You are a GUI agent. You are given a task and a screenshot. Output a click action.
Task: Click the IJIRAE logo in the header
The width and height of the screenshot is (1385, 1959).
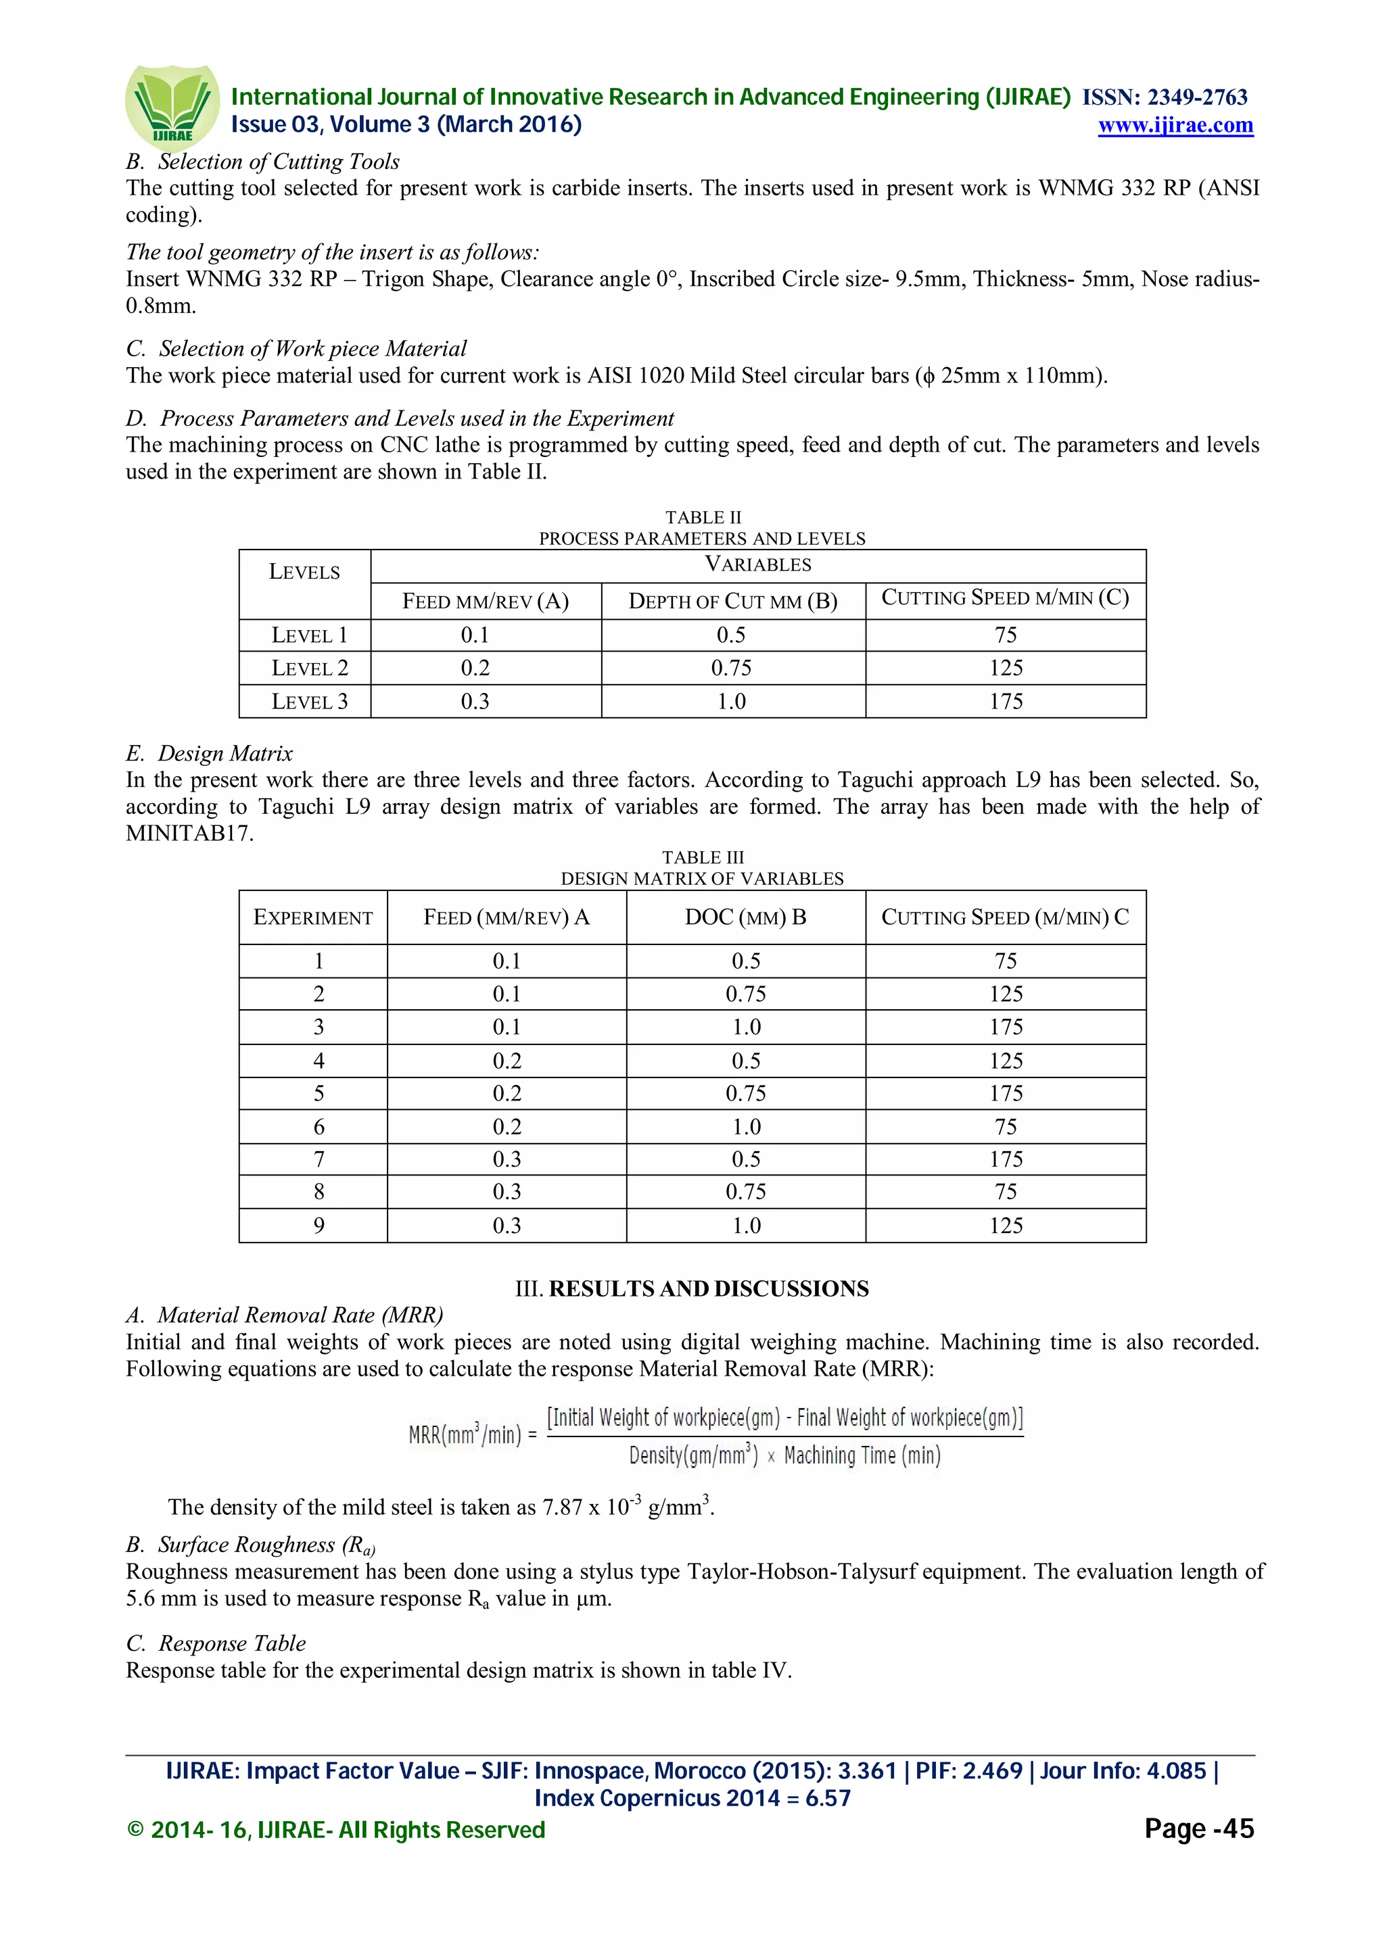pos(172,107)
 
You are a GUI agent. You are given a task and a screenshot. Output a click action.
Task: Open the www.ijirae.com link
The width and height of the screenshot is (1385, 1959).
pos(1175,126)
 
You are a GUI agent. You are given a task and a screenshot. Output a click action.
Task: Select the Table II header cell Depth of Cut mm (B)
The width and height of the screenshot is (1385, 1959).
pos(732,602)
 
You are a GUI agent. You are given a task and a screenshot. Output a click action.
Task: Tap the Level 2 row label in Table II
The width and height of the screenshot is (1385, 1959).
pos(309,668)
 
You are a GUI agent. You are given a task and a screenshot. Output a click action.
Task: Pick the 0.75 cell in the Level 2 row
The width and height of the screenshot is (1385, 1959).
pos(731,668)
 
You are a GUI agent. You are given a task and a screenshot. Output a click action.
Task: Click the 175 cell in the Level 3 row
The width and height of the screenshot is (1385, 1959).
pos(1005,702)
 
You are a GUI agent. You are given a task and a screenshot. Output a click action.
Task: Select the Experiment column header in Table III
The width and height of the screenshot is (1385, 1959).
pos(312,917)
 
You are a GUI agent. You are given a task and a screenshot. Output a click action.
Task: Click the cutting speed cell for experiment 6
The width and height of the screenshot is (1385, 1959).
pos(1005,1127)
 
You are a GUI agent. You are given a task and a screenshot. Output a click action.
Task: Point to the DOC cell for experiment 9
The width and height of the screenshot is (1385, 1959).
pos(746,1226)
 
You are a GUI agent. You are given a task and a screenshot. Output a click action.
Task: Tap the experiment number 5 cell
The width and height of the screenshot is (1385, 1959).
pos(319,1094)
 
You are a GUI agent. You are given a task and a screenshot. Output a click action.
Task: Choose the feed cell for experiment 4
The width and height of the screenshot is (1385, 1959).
pos(506,1061)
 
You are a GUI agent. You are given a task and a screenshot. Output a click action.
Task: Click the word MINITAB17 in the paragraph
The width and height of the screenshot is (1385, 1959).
pos(189,833)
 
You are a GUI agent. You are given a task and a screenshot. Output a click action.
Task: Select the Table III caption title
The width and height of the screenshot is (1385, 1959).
pos(703,878)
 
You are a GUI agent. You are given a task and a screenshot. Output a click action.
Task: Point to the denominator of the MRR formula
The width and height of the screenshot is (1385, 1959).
pos(784,1455)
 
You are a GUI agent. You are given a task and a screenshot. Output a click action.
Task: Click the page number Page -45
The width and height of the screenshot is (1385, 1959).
pos(1198,1829)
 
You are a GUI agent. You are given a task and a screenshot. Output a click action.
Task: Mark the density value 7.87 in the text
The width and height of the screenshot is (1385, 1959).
pos(561,1507)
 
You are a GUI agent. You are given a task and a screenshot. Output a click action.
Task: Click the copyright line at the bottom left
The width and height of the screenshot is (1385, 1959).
pos(335,1830)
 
